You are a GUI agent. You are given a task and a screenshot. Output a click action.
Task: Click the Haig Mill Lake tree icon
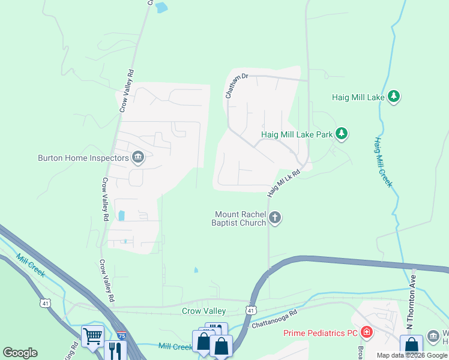(394, 97)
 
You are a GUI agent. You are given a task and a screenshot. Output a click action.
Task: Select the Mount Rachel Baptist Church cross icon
(275, 218)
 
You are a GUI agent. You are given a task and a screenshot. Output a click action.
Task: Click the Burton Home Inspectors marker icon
(138, 158)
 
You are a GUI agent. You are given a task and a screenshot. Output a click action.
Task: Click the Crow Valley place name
(203, 311)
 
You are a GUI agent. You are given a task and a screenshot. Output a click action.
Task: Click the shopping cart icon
(93, 337)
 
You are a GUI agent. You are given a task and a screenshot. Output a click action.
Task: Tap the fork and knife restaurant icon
(115, 350)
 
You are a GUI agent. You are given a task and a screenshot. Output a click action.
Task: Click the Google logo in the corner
(20, 353)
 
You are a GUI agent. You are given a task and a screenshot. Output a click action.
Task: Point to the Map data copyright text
(412, 355)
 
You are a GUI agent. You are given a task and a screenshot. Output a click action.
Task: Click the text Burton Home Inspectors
(83, 158)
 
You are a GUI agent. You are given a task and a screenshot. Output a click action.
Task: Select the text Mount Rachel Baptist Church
(238, 218)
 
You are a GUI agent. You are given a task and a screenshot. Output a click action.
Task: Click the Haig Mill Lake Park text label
(297, 134)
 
